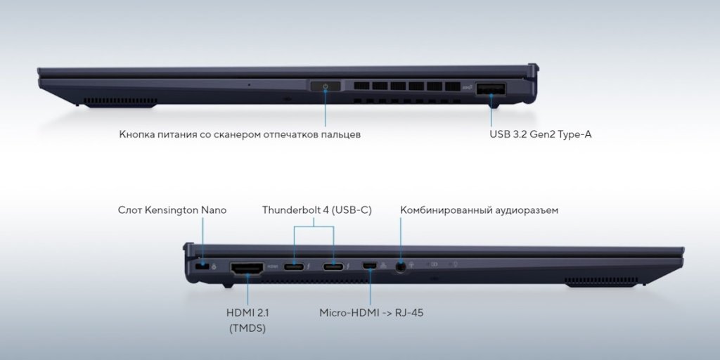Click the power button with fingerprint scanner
tap(326, 86)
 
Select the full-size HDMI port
tap(247, 269)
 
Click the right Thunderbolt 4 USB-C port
tap(333, 266)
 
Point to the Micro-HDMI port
tap(369, 266)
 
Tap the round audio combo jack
tap(401, 267)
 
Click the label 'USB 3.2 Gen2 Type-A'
tap(541, 134)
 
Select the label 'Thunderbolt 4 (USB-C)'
tap(317, 210)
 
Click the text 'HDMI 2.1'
tap(247, 313)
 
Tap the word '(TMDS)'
tap(247, 329)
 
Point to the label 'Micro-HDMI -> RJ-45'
tap(371, 313)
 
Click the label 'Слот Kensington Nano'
tap(172, 210)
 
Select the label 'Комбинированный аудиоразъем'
tap(480, 211)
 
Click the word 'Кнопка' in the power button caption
tap(136, 134)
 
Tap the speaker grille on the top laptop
tap(120, 101)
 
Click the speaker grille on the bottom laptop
tap(601, 281)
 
